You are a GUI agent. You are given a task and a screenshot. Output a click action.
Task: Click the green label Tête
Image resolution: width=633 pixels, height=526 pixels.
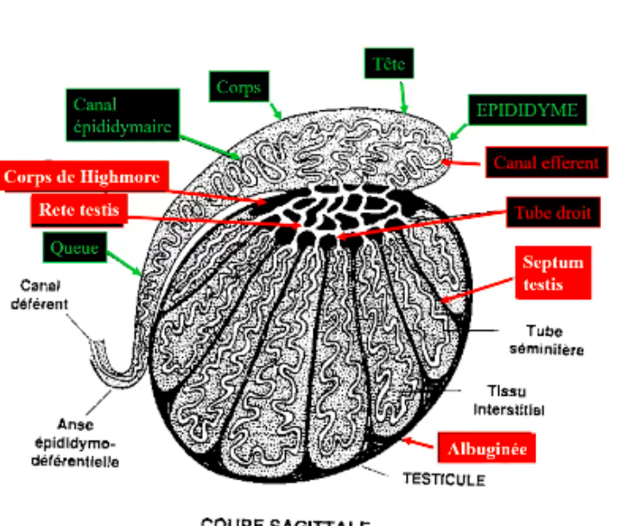(389, 64)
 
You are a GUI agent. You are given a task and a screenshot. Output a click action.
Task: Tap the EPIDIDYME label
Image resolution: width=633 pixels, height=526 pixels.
(527, 111)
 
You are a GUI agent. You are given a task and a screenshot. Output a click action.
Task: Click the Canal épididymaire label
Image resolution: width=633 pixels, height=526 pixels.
(122, 116)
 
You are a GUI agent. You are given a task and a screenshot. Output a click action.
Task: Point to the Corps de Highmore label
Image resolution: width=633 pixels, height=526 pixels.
(83, 178)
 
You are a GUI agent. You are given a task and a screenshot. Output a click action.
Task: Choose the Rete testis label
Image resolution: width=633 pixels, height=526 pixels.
(79, 209)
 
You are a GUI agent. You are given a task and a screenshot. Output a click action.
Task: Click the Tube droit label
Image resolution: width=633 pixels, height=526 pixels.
(553, 212)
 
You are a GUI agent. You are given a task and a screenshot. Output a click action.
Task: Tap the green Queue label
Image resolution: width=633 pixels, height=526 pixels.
(76, 248)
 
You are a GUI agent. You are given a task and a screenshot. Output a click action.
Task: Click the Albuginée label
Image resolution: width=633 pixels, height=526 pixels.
(488, 448)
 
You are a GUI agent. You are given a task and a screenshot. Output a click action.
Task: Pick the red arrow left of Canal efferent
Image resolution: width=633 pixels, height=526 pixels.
(462, 161)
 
